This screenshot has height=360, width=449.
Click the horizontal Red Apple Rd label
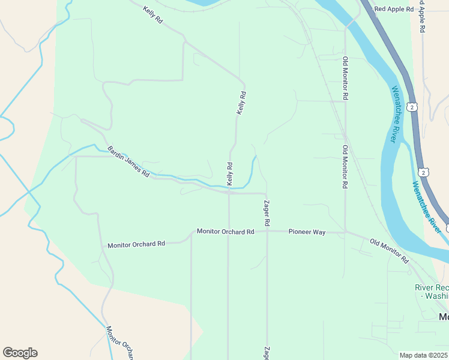394,9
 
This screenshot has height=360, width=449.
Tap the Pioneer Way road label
307,232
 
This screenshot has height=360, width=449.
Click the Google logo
20,352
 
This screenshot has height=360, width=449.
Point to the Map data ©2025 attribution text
424,355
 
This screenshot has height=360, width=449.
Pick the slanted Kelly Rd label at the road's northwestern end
153,15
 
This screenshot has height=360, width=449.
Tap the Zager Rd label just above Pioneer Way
267,209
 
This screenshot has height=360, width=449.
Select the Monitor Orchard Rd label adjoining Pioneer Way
225,232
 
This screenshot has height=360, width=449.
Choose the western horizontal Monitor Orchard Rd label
136,245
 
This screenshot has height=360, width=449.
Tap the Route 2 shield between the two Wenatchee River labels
424,173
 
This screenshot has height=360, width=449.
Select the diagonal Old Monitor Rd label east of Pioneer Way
389,251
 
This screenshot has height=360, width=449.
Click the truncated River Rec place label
432,292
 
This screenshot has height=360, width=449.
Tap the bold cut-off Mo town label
444,317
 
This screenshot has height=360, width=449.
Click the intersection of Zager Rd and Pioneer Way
267,231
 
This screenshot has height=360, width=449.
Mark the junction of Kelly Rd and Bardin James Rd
229,193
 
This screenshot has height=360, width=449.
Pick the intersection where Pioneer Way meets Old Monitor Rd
345,232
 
